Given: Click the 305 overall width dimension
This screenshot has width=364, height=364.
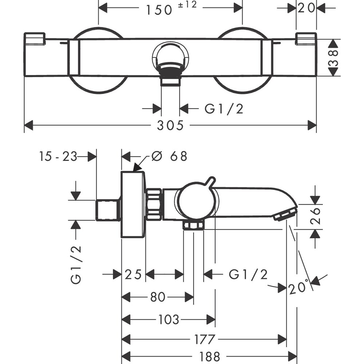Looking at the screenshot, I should [170, 126].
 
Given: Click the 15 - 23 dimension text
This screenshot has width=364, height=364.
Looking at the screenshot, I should [58, 157].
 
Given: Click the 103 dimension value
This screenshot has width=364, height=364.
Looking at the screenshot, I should [169, 320].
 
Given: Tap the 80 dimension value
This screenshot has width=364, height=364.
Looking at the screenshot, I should [158, 297].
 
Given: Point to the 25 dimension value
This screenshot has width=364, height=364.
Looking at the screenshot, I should [133, 274].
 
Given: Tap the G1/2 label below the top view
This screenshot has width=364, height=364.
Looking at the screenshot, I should [223, 108].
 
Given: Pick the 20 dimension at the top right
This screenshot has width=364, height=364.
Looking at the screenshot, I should [306, 8].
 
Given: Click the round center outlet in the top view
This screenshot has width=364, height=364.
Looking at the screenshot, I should [171, 58].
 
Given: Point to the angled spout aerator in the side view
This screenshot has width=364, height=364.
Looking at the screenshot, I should [286, 213].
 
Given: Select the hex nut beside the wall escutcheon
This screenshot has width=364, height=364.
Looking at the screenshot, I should [154, 204].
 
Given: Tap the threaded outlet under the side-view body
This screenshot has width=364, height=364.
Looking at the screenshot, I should [193, 226].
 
